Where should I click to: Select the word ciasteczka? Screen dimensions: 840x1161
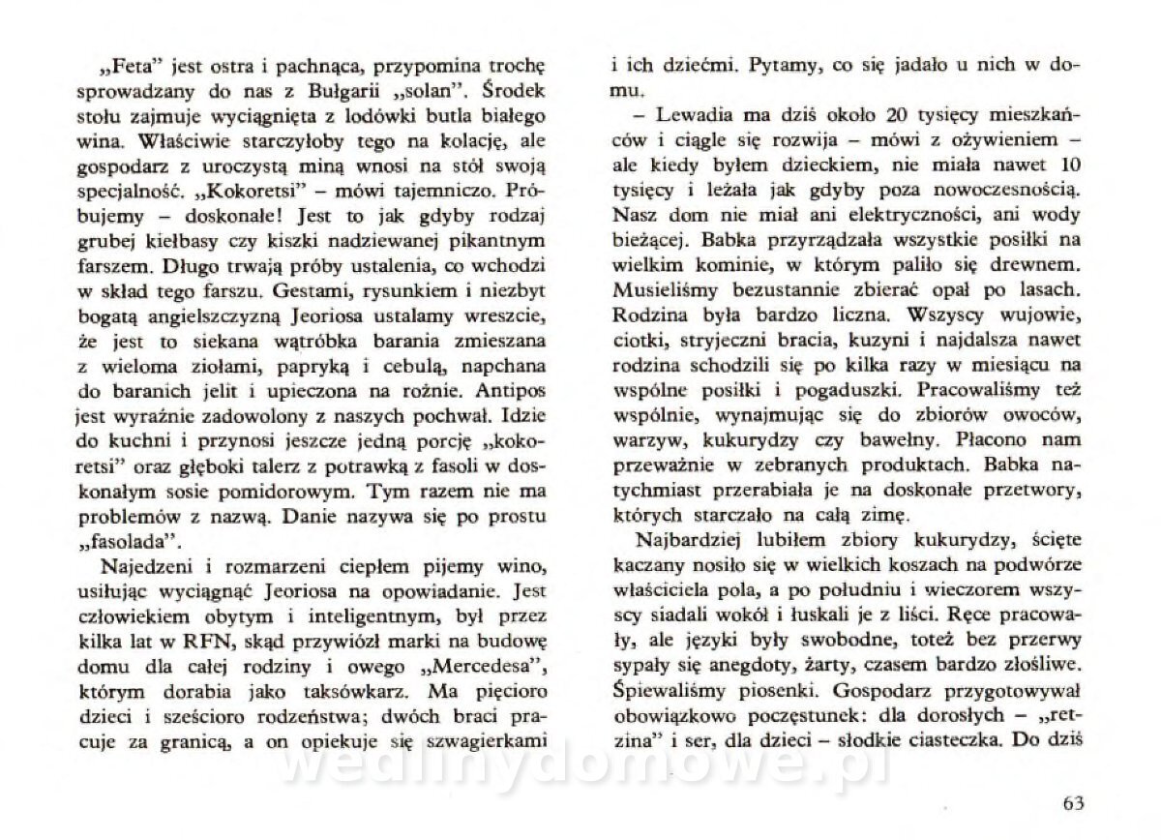[974, 740]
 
